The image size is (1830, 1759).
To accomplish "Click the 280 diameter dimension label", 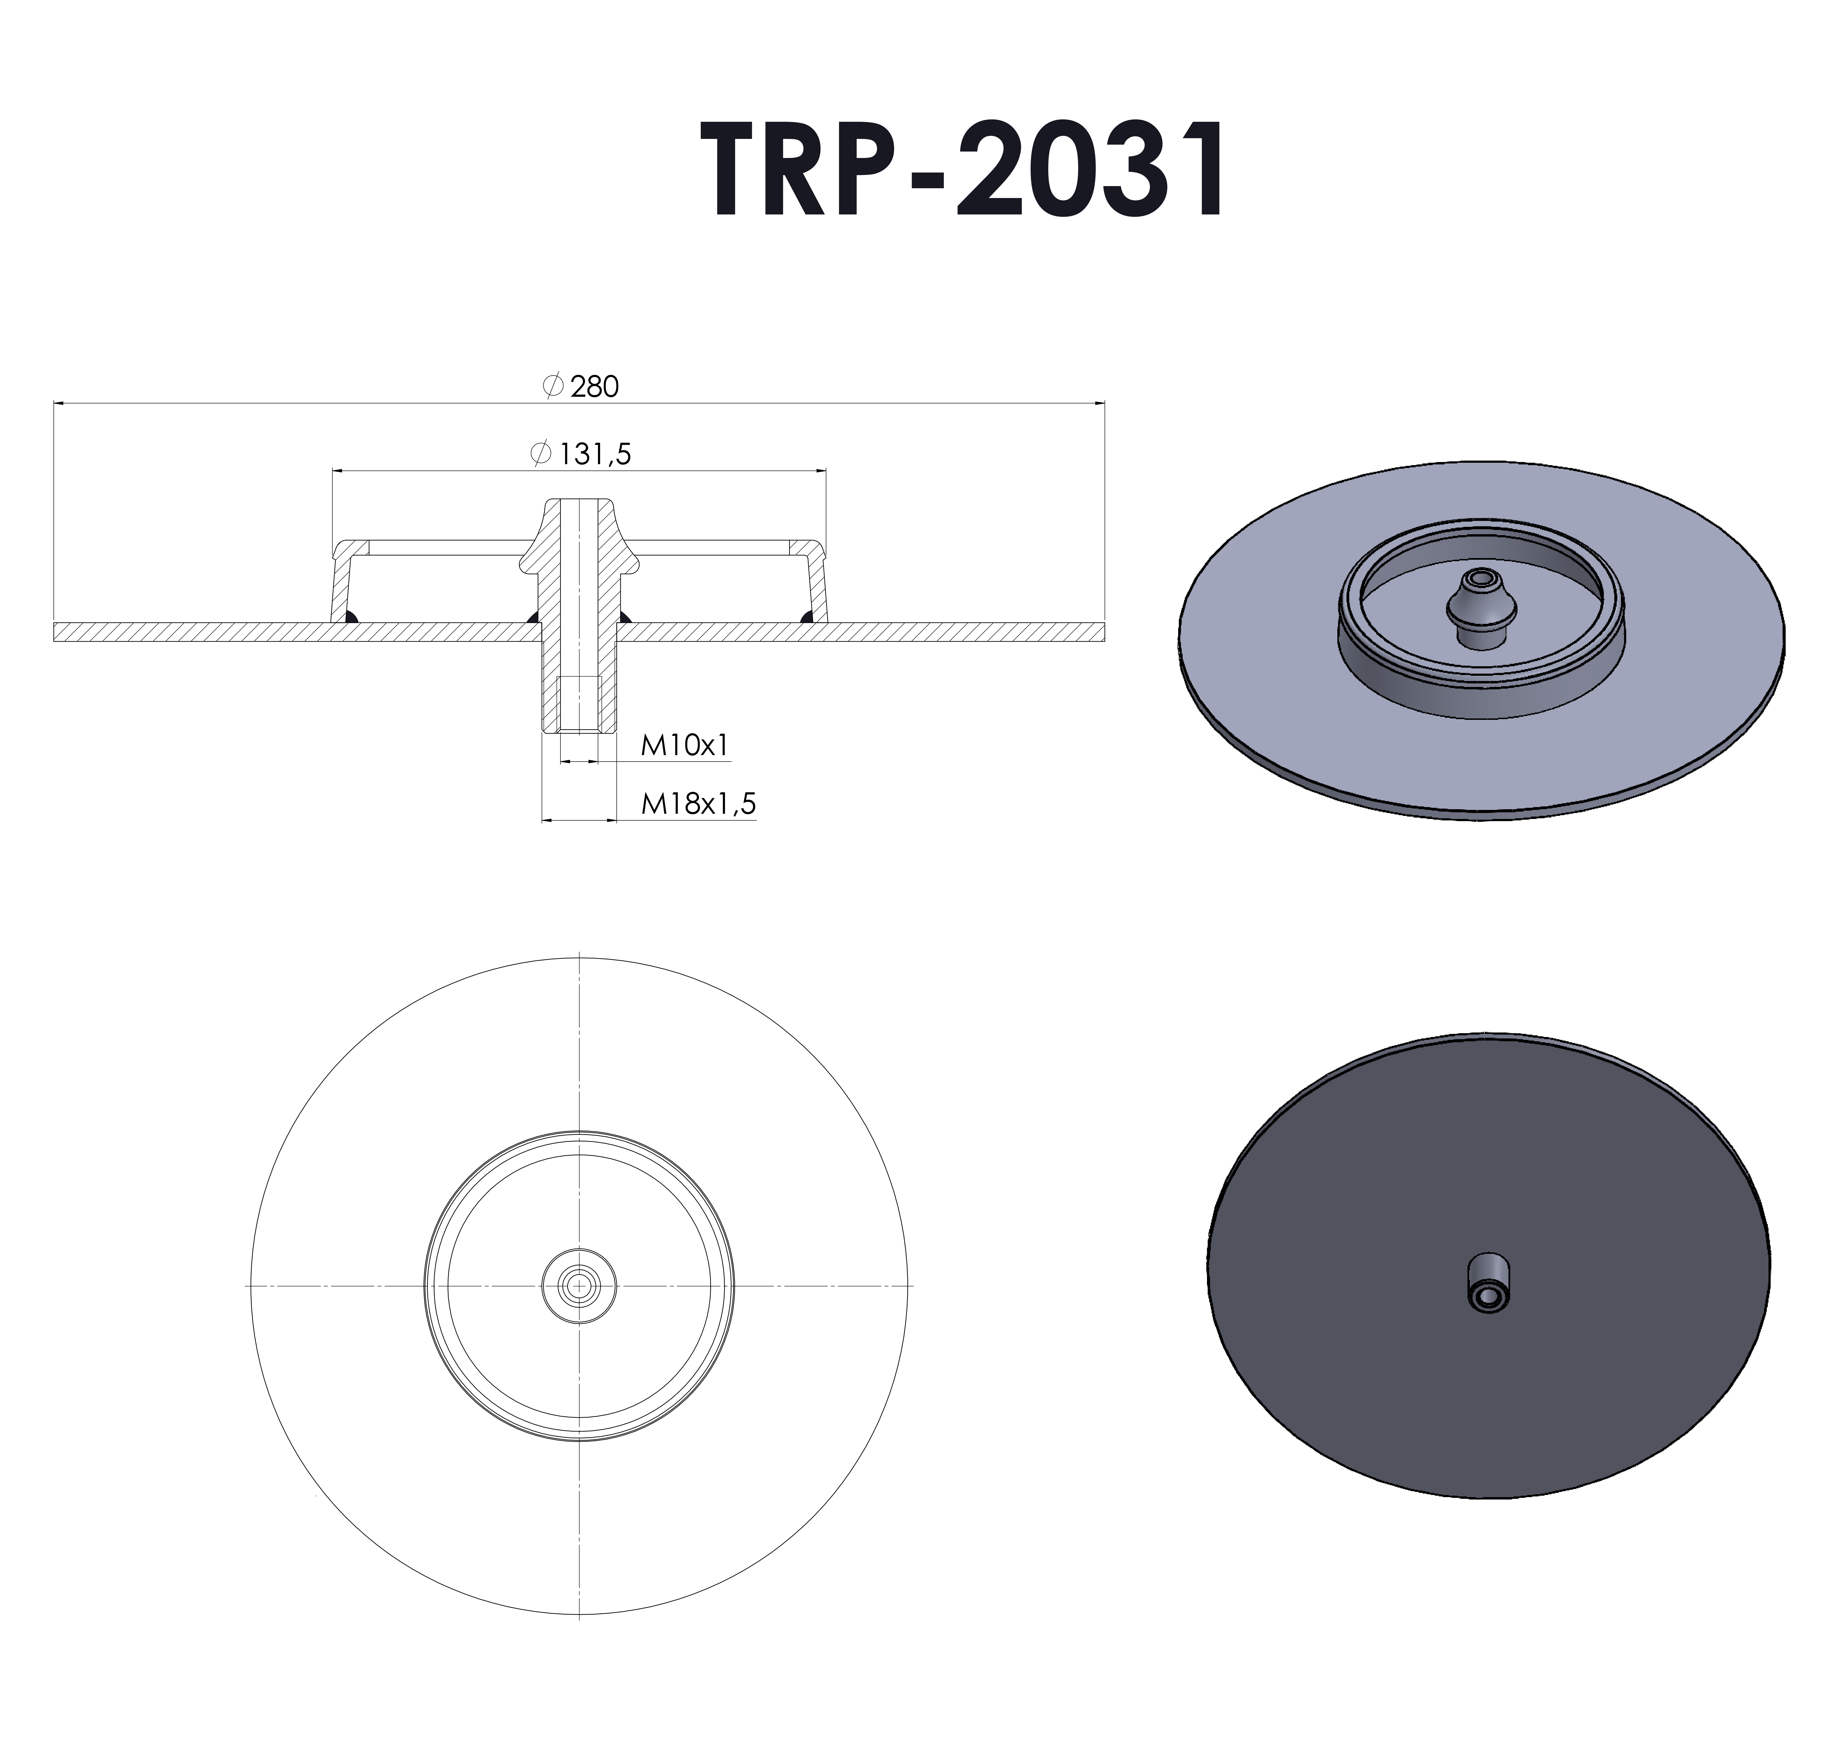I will pyautogui.click(x=594, y=386).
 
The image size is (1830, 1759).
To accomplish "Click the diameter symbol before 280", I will pyautogui.click(x=552, y=386).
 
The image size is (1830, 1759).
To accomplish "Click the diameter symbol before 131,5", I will pyautogui.click(x=540, y=454).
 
